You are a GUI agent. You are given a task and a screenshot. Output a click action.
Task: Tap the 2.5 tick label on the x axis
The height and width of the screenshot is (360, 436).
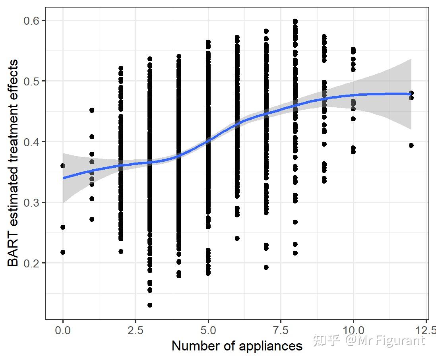[x=135, y=330]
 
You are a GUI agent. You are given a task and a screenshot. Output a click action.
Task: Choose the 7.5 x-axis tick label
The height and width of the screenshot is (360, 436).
[x=281, y=330]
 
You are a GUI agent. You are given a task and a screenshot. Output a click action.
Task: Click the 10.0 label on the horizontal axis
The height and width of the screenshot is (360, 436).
[x=353, y=330]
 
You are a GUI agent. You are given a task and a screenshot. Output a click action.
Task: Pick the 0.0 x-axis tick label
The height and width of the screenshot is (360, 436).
[x=63, y=330]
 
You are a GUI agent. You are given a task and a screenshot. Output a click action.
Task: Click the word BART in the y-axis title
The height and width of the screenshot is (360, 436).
[x=13, y=252]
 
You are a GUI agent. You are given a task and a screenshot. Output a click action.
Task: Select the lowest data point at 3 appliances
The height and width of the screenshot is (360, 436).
[x=150, y=305]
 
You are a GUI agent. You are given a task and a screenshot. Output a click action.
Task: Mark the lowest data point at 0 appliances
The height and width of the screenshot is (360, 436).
[x=63, y=252]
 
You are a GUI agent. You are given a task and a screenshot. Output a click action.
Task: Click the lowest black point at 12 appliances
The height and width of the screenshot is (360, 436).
[x=411, y=145]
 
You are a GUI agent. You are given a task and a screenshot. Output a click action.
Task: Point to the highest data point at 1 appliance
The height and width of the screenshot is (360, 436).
[x=92, y=110]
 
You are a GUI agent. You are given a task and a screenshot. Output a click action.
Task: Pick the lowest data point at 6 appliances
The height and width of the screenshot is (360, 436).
[x=237, y=238]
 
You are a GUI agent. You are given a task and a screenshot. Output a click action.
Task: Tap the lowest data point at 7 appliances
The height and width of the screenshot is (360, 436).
[x=266, y=267]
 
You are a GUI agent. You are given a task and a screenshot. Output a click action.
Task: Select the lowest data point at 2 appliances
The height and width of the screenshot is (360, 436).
[x=121, y=251]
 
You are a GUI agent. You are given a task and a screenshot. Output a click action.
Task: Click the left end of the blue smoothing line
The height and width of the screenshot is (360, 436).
[x=63, y=178]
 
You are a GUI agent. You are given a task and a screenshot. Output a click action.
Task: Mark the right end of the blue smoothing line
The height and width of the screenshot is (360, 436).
[x=411, y=94]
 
